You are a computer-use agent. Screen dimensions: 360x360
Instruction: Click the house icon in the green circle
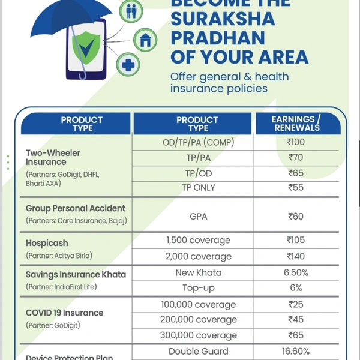click(x=145, y=40)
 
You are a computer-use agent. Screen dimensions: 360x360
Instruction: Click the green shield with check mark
click(x=86, y=47)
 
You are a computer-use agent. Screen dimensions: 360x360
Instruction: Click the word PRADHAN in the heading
click(x=218, y=37)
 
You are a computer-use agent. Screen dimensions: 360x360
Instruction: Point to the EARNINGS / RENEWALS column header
click(x=296, y=124)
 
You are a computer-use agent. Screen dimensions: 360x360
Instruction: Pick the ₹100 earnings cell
click(x=296, y=142)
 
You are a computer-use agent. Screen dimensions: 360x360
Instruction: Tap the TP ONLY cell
click(x=198, y=188)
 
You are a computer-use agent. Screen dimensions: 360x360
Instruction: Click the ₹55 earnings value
click(x=296, y=188)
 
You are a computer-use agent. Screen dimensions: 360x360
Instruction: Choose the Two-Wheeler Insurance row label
click(x=53, y=157)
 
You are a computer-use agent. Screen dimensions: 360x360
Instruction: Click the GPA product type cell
click(x=198, y=216)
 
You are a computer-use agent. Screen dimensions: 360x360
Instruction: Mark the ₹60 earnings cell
click(x=296, y=216)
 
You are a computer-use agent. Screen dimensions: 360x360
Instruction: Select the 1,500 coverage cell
click(x=198, y=240)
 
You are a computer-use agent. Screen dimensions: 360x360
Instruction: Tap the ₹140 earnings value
click(x=296, y=256)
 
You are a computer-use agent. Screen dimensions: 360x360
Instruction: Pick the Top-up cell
click(x=198, y=288)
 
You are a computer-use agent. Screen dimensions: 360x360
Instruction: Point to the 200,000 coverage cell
click(x=198, y=320)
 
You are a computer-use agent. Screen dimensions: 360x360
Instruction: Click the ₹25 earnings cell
click(x=296, y=305)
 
